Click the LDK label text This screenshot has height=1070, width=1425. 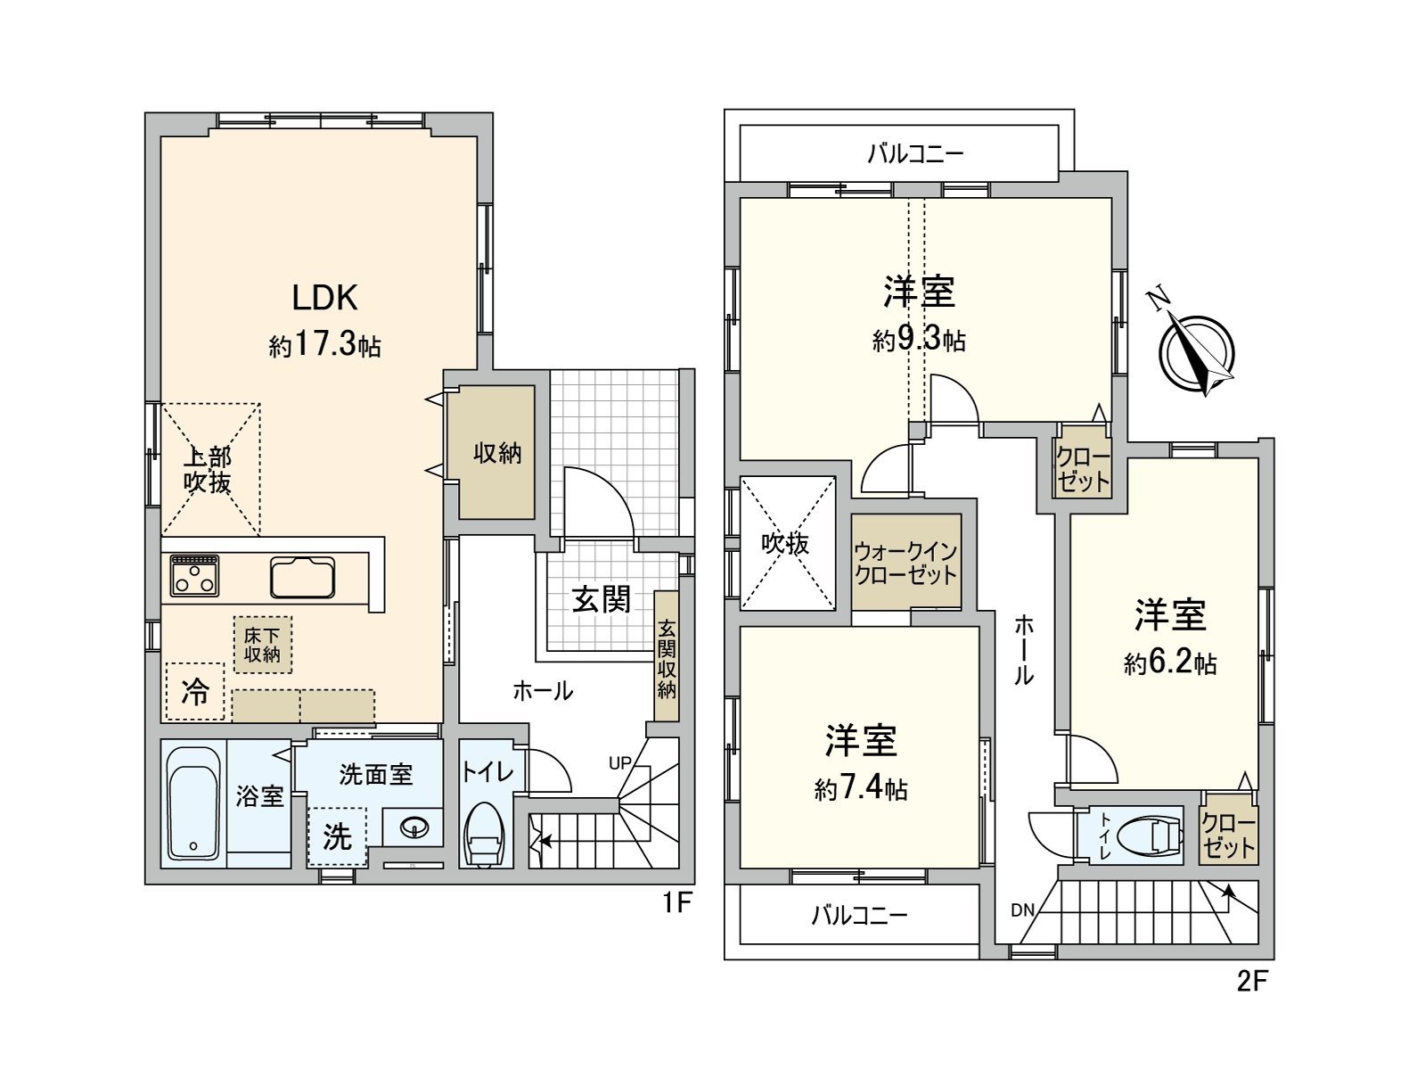coord(325,298)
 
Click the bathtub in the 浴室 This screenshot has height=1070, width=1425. coord(193,803)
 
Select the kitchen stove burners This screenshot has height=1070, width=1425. coord(195,575)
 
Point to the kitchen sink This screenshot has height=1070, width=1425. coord(303,577)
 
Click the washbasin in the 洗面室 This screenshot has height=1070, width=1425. coord(414,828)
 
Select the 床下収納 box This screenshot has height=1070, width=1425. coord(263,645)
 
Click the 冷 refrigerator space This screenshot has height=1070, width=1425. coord(195,691)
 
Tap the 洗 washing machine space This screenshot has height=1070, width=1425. coord(337,836)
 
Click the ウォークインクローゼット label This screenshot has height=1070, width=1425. coord(905,564)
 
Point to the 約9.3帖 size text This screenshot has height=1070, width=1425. coord(919,340)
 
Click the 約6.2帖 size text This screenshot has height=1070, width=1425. coord(1170,663)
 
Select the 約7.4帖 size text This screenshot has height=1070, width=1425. coord(861,789)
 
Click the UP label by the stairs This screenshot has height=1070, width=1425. coord(620,762)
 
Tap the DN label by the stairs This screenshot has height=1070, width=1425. coord(1022,910)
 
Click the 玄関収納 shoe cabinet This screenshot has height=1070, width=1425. coord(667,657)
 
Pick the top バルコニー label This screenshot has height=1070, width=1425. coord(916,154)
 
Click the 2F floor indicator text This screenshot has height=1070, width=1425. coord(1251,982)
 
